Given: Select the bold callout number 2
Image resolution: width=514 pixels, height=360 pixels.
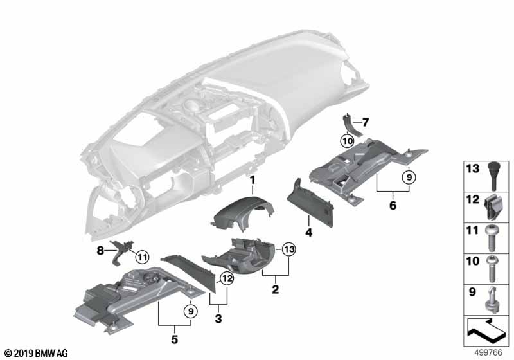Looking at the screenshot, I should tap(275, 290).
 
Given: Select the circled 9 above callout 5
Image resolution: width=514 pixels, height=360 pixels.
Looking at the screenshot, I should tap(190, 311).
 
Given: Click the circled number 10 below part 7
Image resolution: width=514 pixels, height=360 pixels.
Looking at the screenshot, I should tap(347, 139).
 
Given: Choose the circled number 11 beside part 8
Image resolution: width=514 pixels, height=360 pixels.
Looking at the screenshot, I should tap(141, 258).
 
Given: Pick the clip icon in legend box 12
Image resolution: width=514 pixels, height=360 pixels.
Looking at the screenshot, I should tap(493, 204).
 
